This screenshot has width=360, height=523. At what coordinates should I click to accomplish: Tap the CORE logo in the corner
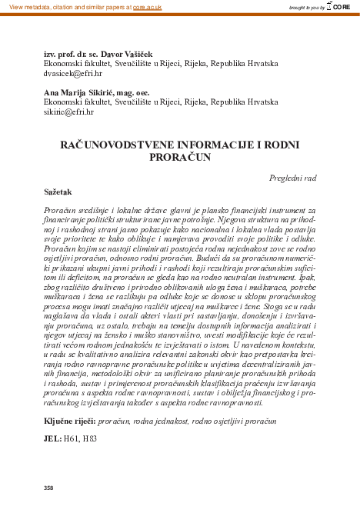339,6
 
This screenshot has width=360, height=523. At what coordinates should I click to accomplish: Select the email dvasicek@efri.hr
72,77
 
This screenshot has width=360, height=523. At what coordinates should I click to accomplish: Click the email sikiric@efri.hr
68,112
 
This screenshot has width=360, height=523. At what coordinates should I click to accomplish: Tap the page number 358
49,488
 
